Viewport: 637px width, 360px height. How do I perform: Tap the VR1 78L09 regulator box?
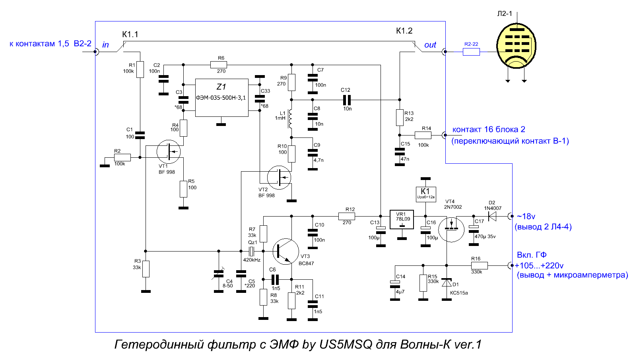(x=402, y=219)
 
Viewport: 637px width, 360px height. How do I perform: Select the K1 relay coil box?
(x=426, y=194)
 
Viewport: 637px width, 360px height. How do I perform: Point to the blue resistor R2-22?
(x=471, y=52)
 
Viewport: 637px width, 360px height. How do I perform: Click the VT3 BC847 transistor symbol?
(x=285, y=252)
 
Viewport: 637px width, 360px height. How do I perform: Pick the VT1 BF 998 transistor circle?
(x=169, y=152)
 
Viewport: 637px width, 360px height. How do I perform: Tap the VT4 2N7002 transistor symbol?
(x=451, y=229)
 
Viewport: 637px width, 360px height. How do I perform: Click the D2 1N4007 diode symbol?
(x=492, y=217)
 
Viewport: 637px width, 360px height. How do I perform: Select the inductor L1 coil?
(x=290, y=119)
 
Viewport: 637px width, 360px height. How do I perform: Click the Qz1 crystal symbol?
(x=251, y=251)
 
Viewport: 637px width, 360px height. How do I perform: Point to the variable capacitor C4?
(x=219, y=274)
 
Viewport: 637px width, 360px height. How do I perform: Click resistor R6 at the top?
(x=219, y=65)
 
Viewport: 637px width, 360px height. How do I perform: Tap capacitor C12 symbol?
(x=347, y=100)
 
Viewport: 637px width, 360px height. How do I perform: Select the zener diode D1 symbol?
(x=447, y=283)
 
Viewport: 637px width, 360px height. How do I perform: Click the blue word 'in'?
(x=105, y=45)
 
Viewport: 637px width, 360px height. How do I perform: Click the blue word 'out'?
(x=430, y=45)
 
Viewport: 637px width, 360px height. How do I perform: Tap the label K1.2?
(x=404, y=31)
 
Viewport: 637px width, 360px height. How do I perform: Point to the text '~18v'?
(x=526, y=217)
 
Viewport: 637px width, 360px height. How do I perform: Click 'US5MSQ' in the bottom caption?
(x=346, y=345)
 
